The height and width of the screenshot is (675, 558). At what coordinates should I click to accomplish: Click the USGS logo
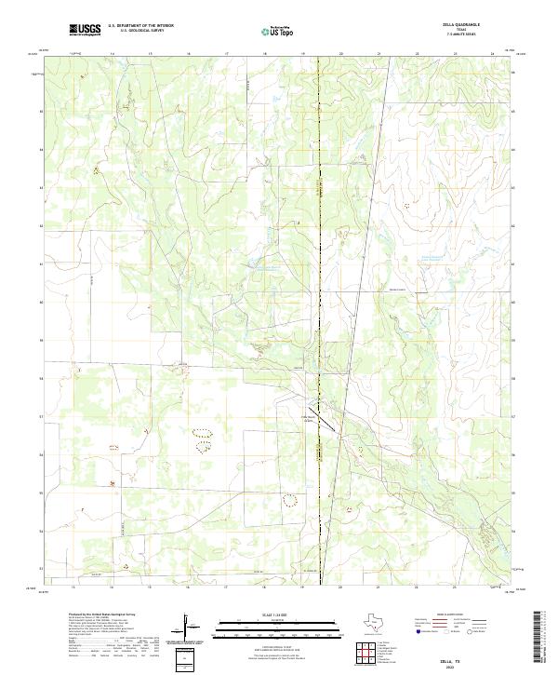[85, 31]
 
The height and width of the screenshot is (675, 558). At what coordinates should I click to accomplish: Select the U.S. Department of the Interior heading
[140, 26]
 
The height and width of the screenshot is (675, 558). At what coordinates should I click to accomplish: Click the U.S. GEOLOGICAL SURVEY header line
[140, 31]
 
